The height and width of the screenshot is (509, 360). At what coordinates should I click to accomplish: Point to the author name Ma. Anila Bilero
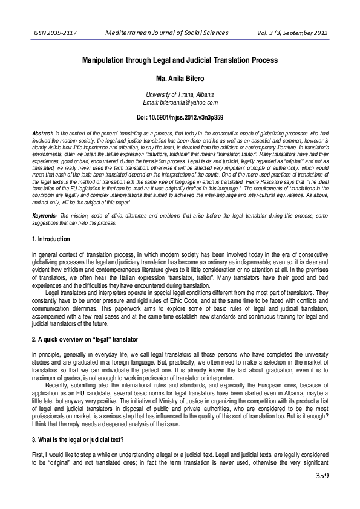coord(180,78)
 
